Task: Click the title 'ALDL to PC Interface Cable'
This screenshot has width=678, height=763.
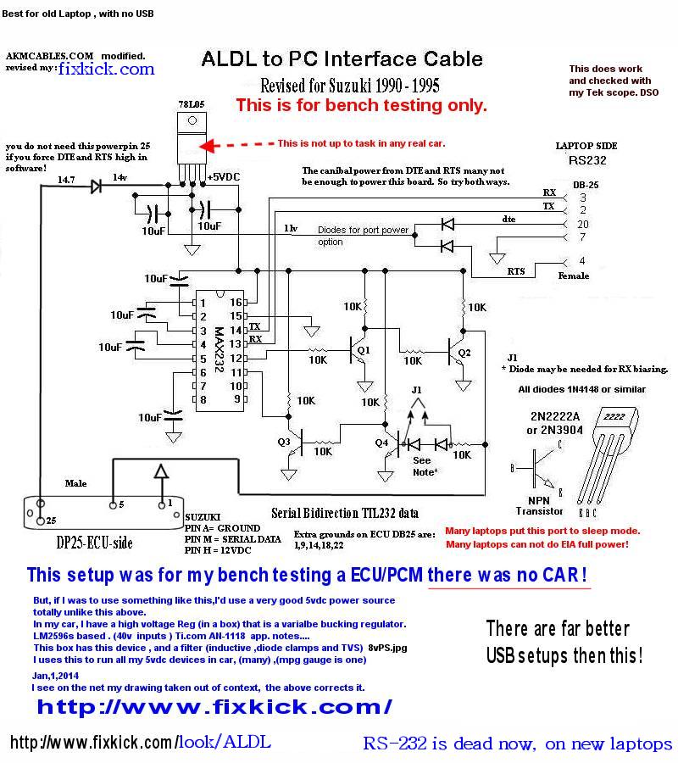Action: pyautogui.click(x=342, y=58)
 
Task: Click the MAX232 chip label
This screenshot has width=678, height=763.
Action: pyautogui.click(x=219, y=348)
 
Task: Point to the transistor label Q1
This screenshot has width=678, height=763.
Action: pyautogui.click(x=364, y=349)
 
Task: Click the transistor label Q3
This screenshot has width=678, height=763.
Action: pyautogui.click(x=283, y=441)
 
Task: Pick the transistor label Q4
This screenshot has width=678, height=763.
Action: pyautogui.click(x=381, y=441)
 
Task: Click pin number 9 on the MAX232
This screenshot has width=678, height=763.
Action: pyautogui.click(x=239, y=398)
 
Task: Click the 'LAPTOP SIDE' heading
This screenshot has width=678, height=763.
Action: pyautogui.click(x=586, y=146)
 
